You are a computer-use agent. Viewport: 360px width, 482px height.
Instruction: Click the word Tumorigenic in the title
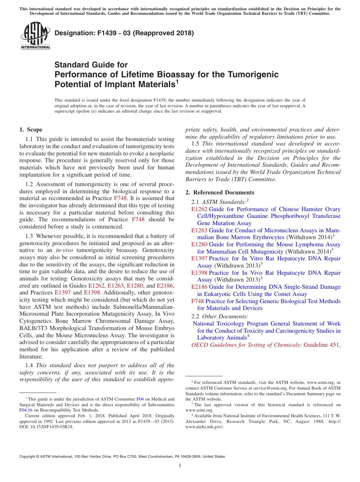(x=253, y=74)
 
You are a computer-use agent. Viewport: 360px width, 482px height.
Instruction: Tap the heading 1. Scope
(x=31, y=130)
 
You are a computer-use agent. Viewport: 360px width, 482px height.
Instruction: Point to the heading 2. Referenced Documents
(x=220, y=192)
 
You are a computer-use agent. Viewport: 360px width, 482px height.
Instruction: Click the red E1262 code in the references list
(x=199, y=209)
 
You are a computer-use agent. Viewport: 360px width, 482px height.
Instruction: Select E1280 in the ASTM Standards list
(x=199, y=244)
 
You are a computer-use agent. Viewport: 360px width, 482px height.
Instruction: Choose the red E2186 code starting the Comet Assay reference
(x=199, y=287)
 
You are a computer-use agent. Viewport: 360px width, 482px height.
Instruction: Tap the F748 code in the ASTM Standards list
(x=198, y=301)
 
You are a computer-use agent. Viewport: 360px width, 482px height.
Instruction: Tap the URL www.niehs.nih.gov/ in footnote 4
(x=204, y=427)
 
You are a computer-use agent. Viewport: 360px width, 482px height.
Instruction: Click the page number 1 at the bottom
(x=180, y=466)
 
